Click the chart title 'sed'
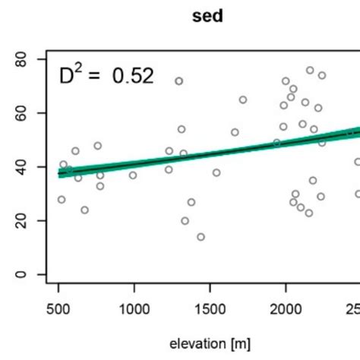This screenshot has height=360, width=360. (206, 15)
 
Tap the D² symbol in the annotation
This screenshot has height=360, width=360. (73, 75)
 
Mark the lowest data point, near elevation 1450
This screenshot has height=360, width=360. (201, 237)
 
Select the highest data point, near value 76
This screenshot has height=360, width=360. (310, 70)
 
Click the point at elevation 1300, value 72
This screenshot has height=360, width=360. (179, 81)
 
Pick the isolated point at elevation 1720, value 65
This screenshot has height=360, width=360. (243, 99)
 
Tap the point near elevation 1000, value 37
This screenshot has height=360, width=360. (133, 175)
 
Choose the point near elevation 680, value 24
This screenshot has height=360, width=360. (84, 210)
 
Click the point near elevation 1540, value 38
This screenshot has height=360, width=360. (216, 172)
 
